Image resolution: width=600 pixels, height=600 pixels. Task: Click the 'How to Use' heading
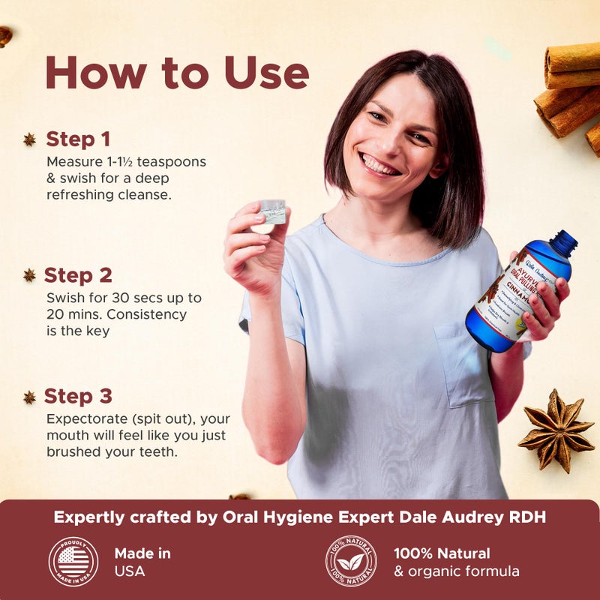177,73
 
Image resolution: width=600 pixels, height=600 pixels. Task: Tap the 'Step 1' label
78,139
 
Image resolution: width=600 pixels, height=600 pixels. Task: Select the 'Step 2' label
77,275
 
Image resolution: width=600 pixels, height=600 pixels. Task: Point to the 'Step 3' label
77,396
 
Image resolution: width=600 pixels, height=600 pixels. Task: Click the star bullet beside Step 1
29,139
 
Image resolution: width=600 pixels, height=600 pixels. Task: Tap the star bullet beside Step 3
29,397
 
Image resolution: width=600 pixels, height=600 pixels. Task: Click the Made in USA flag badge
73,561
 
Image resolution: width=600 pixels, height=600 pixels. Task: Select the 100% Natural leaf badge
351,561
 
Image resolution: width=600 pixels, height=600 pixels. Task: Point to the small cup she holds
273,211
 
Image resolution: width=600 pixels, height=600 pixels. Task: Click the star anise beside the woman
556,430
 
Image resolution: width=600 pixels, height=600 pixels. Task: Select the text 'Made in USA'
142,562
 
